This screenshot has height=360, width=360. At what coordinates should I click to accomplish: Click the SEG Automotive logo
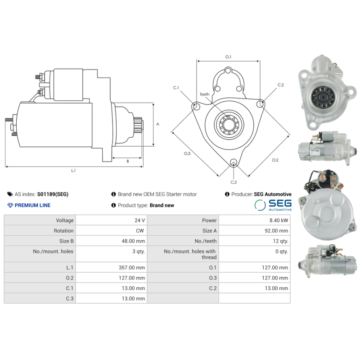point(273,205)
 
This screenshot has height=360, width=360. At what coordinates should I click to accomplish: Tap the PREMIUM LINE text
point(32,205)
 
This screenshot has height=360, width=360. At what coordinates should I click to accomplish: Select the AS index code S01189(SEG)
point(53,194)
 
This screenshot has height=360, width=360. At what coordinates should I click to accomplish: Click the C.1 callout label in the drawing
point(176,87)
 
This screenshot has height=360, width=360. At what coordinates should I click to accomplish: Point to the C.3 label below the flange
point(234,182)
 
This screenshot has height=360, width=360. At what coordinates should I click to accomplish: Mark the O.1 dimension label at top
point(228,57)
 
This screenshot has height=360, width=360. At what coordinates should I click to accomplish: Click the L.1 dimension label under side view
point(73,171)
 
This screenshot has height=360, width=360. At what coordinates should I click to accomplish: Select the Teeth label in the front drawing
point(205,94)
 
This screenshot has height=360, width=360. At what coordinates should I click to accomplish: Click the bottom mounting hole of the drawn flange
point(233,163)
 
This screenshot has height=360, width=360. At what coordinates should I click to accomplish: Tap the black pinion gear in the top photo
point(321,95)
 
